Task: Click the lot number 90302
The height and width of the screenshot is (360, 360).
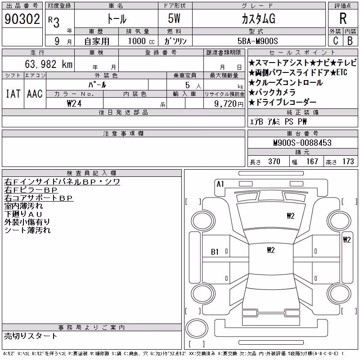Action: click(22, 19)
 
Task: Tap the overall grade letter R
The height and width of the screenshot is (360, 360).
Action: click(343, 18)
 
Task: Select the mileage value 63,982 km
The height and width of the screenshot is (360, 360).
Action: click(49, 64)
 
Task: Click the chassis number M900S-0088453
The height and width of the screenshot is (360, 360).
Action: click(302, 143)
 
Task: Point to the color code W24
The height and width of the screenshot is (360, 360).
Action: click(74, 103)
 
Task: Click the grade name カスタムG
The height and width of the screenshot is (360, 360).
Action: click(258, 19)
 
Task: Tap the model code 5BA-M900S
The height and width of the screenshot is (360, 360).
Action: click(257, 41)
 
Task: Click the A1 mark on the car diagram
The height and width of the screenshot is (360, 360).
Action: click(220, 184)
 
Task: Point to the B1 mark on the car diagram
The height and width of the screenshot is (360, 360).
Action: click(215, 252)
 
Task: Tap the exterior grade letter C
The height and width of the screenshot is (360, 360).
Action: click(335, 41)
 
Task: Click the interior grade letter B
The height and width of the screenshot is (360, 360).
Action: click(350, 41)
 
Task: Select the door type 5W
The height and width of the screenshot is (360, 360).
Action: click(174, 18)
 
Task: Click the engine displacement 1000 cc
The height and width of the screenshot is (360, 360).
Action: click(141, 41)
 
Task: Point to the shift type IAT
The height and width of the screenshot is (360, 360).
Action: click(13, 94)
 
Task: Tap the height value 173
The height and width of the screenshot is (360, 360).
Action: click(348, 162)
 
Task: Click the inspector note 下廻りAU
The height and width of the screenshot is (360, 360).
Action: click(23, 214)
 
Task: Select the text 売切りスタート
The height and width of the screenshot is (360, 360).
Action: click(31, 336)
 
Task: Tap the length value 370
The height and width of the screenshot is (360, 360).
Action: click(274, 162)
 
